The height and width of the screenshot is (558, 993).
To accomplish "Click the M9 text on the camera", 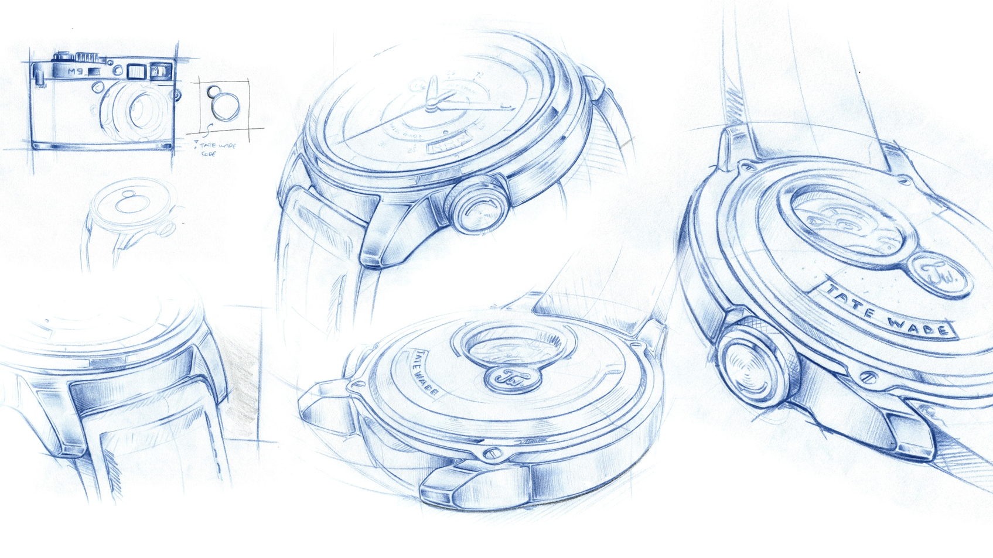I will coord(76,71).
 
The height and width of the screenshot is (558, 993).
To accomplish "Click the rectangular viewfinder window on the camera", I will coord(136,71).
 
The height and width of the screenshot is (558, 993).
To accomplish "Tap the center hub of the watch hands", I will coord(432,103).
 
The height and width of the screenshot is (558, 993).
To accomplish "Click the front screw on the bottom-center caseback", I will coord(493,453).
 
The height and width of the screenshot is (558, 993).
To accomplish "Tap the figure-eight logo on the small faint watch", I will coord(128,202).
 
